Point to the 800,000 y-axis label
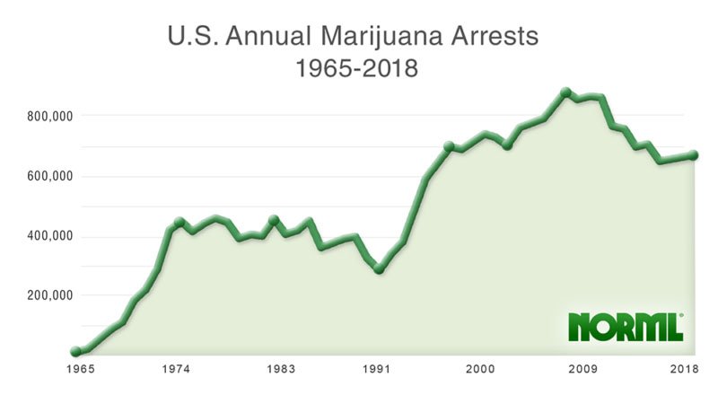(x=47, y=116)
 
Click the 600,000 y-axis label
(x=47, y=176)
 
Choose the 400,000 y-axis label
(x=47, y=236)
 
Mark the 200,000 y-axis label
(x=47, y=295)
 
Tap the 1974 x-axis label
(x=175, y=369)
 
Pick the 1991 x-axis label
(x=376, y=369)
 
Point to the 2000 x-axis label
(x=480, y=369)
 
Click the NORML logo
(x=626, y=327)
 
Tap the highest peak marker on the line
(x=565, y=92)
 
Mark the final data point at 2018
(x=693, y=155)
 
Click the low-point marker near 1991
(x=380, y=268)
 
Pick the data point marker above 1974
(x=179, y=222)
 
